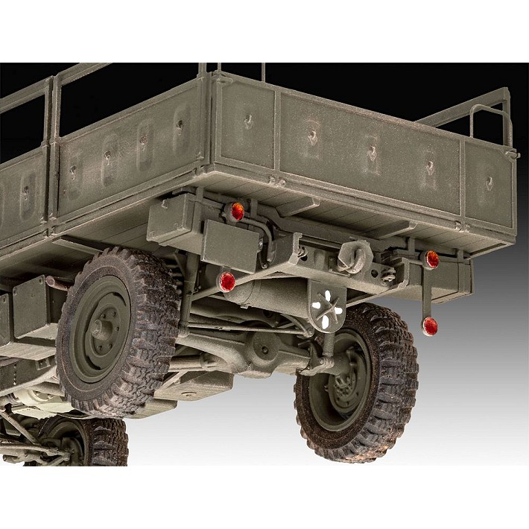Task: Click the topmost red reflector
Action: tap(237, 212)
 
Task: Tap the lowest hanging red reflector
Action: tap(429, 325)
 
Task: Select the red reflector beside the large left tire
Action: tap(227, 281)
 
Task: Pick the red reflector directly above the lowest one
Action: tap(431, 259)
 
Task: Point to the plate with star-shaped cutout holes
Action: tap(325, 305)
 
